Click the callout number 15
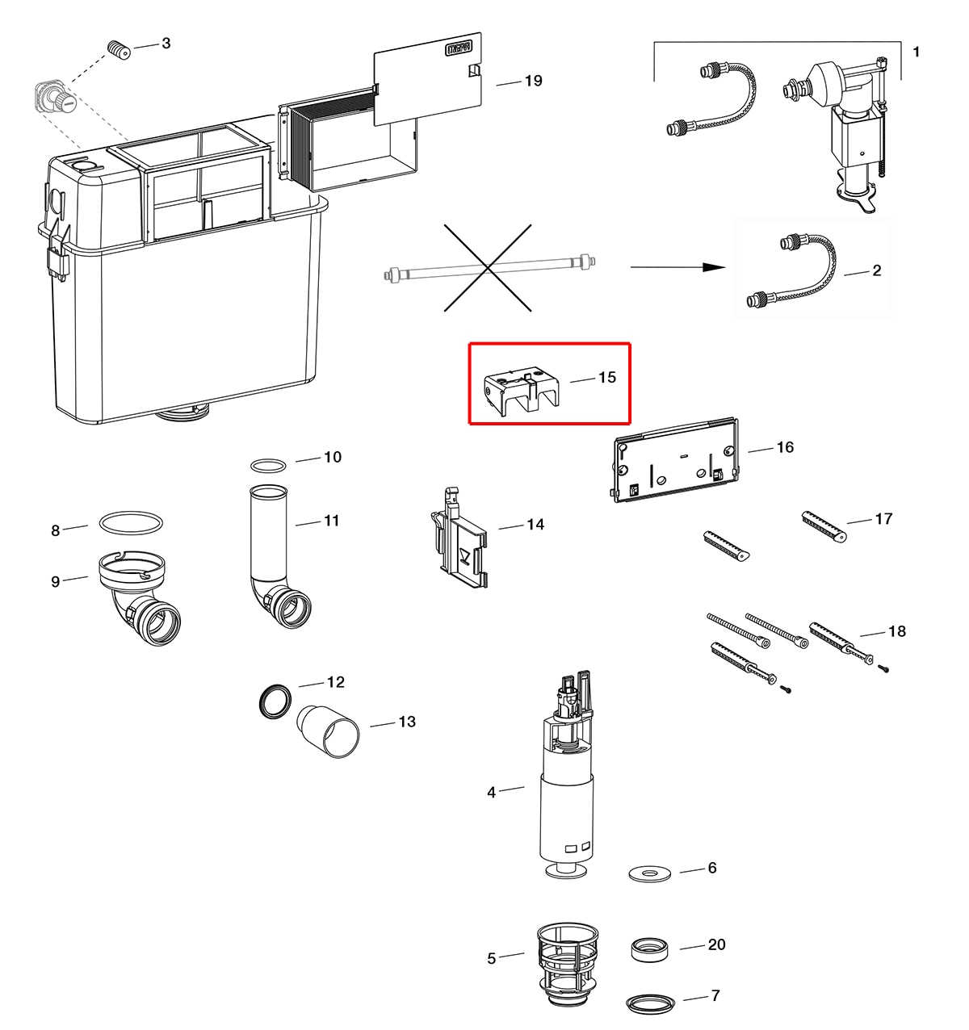[x=606, y=377]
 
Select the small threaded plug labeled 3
[x=119, y=50]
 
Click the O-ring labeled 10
[x=268, y=465]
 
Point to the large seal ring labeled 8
[x=130, y=522]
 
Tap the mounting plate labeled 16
[x=676, y=461]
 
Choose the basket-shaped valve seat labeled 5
[x=568, y=963]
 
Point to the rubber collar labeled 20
[x=649, y=949]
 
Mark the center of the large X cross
[x=488, y=268]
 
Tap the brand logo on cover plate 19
[x=459, y=49]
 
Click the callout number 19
[x=534, y=81]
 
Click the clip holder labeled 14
[x=459, y=538]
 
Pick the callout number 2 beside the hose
[x=877, y=270]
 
